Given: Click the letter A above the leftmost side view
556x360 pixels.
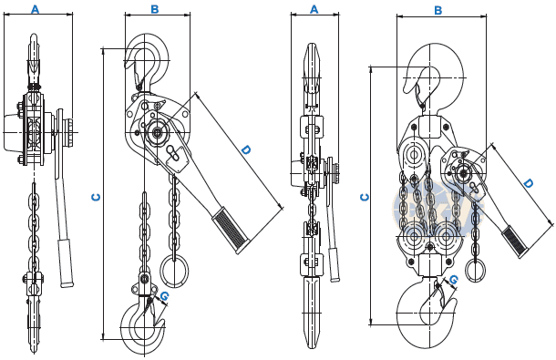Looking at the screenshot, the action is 36,9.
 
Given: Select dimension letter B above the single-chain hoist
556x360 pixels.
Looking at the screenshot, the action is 155,10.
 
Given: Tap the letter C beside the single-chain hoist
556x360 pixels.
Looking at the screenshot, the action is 96,197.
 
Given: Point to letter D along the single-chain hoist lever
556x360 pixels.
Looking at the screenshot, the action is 246,149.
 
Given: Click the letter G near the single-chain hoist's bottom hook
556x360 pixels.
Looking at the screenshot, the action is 164,296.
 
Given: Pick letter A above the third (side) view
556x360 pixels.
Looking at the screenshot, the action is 314,10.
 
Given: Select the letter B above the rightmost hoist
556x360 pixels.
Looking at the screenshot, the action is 438,11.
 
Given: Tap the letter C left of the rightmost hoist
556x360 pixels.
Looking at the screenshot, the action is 365,197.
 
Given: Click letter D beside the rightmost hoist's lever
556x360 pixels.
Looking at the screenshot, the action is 529,184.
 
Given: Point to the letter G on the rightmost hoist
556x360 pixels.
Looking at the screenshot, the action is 454,280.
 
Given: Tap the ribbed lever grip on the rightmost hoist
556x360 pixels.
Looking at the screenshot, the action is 514,242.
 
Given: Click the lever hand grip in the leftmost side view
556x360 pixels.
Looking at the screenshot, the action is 66,262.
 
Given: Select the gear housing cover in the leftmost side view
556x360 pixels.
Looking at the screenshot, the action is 14,132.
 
